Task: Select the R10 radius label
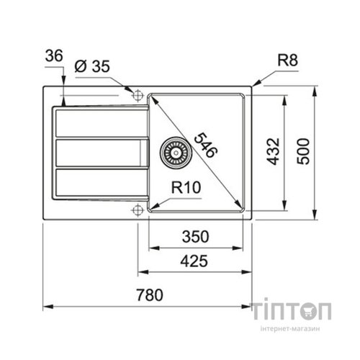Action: click(x=185, y=188)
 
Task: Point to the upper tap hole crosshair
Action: click(x=136, y=95)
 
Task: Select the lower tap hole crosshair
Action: click(x=136, y=210)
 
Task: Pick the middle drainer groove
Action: click(x=97, y=153)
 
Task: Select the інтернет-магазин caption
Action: click(x=291, y=329)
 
